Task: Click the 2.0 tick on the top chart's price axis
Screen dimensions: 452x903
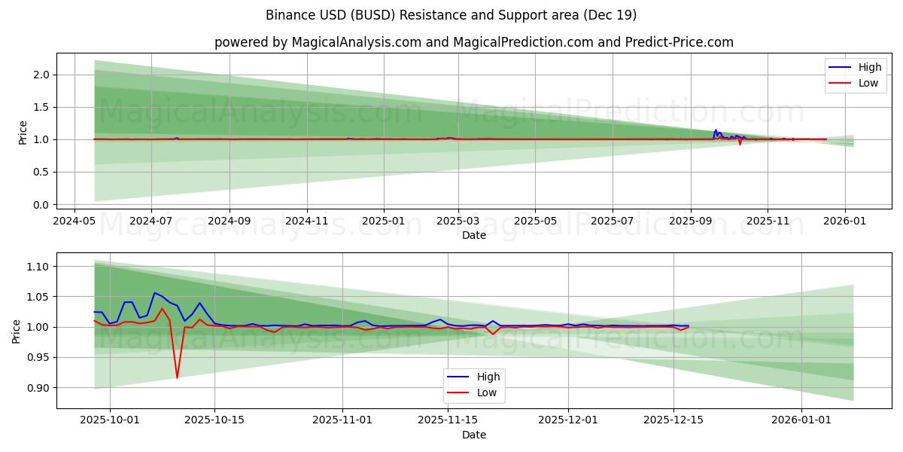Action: click(41, 75)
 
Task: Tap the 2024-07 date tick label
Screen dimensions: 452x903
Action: click(151, 221)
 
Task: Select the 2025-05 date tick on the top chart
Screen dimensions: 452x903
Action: click(535, 221)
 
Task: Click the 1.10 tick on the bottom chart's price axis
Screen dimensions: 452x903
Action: click(38, 267)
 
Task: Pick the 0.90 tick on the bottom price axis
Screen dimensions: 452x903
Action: click(38, 388)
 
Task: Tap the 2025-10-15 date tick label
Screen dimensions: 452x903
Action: click(214, 420)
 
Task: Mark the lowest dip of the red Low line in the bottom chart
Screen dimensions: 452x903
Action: click(177, 377)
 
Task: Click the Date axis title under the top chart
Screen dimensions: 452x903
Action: click(474, 235)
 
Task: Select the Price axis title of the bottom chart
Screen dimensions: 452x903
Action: click(17, 331)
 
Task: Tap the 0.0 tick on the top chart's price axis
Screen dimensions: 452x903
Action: click(41, 205)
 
